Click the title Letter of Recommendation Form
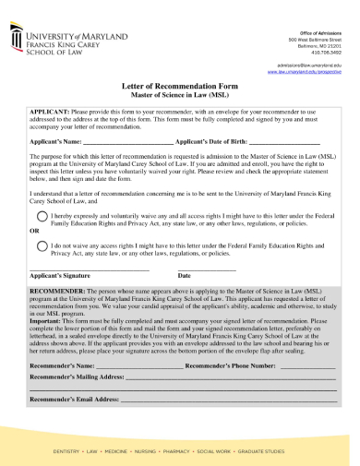(180, 84)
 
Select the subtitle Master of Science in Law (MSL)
(180, 95)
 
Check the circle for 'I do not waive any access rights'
(42, 246)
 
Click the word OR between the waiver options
(35, 230)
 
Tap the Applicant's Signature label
(60, 275)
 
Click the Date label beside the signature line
(185, 275)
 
